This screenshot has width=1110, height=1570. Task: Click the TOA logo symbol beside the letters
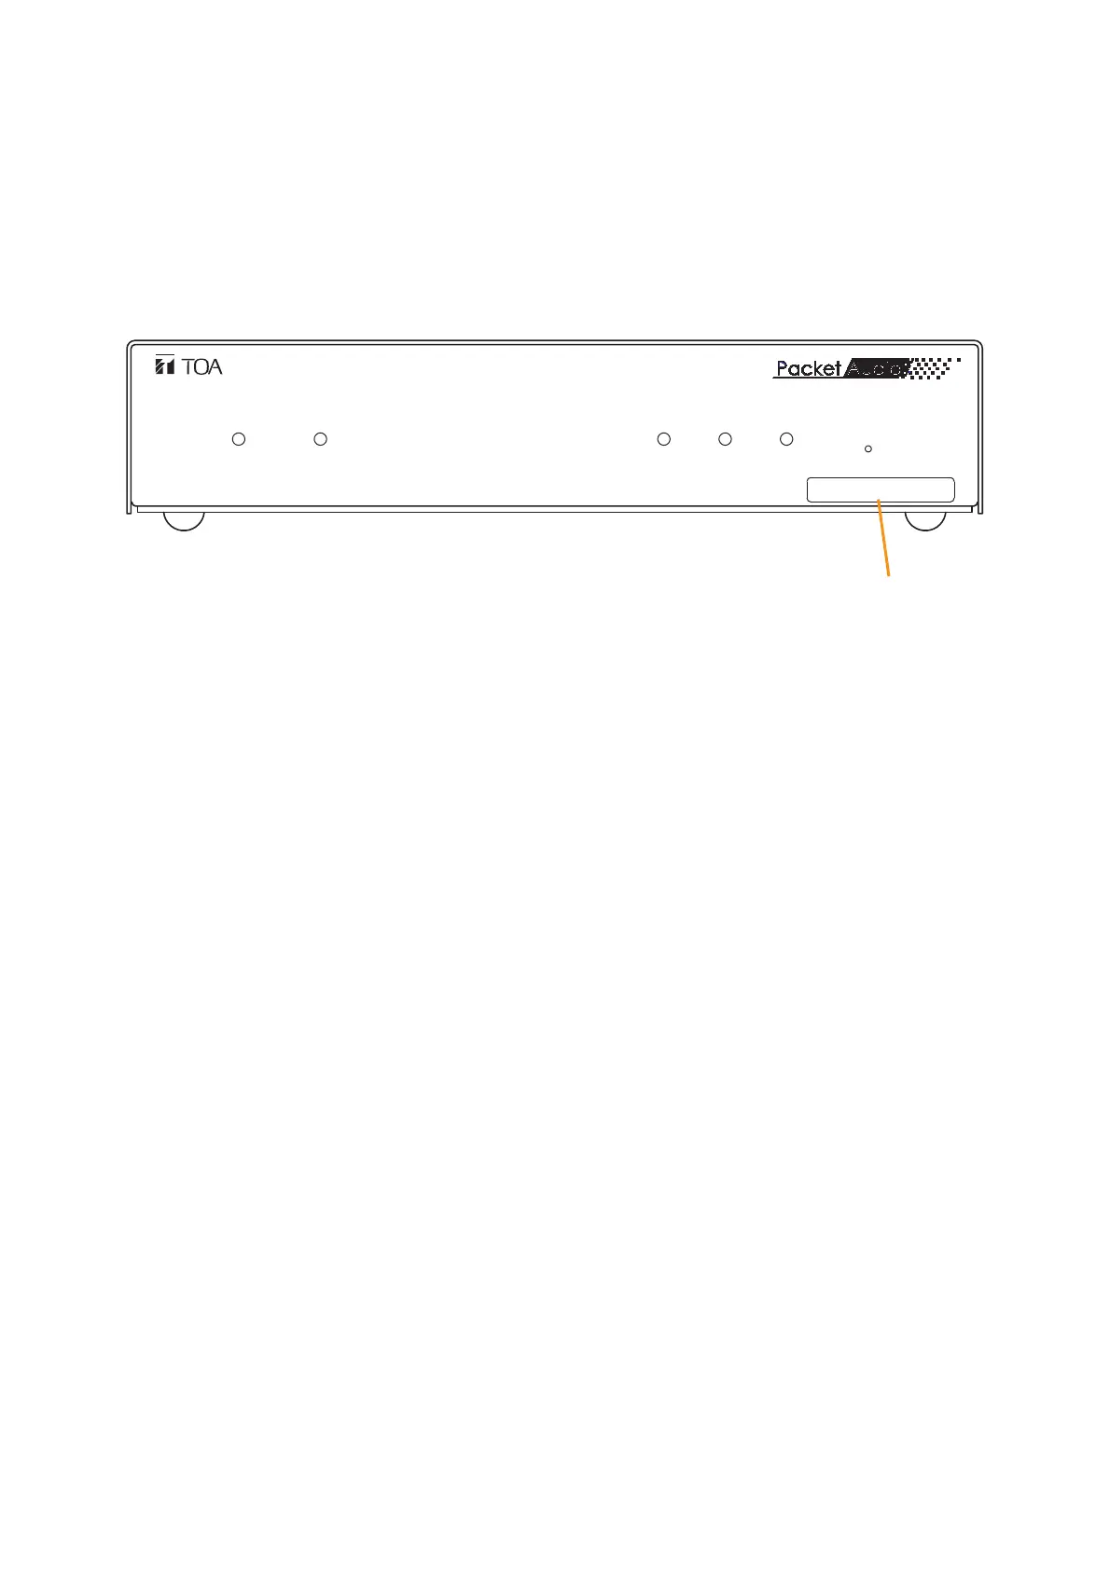tap(165, 365)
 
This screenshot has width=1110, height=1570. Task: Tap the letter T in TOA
tap(187, 366)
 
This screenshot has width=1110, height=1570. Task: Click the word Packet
tap(809, 368)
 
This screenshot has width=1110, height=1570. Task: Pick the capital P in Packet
tap(783, 368)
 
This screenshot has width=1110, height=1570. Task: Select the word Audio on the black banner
tap(874, 368)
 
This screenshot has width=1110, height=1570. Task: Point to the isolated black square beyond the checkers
tap(959, 360)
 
